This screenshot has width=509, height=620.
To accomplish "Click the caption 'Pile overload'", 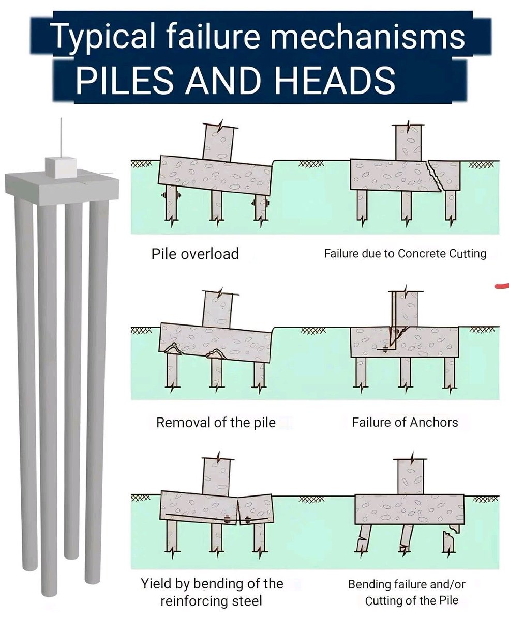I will click(x=195, y=254).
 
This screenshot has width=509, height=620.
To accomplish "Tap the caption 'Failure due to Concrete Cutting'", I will click(x=405, y=254).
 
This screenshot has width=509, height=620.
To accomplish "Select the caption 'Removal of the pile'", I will click(x=216, y=423).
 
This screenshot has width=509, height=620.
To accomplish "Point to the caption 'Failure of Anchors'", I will click(x=405, y=423).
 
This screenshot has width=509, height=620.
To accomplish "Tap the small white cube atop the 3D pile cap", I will click(x=61, y=166).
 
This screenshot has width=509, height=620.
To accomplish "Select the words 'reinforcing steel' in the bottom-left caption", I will click(x=212, y=601).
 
